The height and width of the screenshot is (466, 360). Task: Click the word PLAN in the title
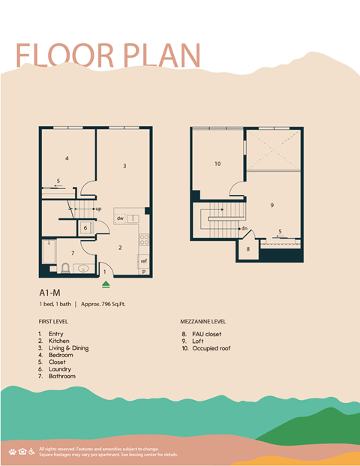click(x=161, y=57)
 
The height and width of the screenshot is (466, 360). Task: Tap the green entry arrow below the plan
click(x=106, y=284)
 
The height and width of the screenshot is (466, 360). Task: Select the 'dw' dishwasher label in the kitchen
click(x=120, y=218)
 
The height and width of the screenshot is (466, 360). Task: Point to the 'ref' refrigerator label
click(x=142, y=261)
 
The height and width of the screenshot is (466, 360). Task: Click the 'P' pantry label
click(x=144, y=272)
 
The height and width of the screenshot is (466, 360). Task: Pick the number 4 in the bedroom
click(x=67, y=158)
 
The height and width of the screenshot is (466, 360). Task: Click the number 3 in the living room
click(x=124, y=166)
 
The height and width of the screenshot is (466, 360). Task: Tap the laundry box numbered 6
click(x=86, y=228)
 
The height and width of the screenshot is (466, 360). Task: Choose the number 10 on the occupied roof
click(x=217, y=163)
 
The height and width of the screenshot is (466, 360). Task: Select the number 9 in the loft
click(x=271, y=205)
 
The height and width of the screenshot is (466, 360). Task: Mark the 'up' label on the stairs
click(x=98, y=209)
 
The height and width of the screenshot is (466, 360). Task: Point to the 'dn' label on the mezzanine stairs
click(x=244, y=228)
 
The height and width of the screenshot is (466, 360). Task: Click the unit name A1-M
click(x=51, y=293)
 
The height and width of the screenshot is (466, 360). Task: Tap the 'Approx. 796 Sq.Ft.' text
click(x=112, y=306)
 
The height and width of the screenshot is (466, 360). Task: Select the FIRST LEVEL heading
click(x=52, y=320)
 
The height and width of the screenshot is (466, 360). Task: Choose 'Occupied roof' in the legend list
click(x=213, y=349)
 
